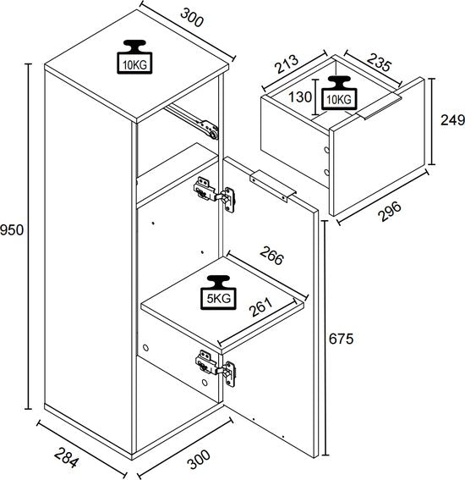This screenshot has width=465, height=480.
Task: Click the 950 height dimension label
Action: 12,230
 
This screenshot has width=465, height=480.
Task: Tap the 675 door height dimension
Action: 341,339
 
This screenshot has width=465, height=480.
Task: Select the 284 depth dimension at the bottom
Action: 67,457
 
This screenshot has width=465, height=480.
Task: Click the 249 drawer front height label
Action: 452,119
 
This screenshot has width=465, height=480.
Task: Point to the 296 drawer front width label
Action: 389,211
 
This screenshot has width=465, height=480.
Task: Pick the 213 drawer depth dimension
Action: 287,64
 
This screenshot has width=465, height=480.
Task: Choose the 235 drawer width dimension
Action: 379,62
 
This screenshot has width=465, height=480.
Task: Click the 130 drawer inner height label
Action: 300,97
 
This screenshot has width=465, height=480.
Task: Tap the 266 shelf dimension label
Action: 271,256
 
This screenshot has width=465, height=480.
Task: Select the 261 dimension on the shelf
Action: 260,306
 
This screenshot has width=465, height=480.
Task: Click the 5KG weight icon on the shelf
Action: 218,292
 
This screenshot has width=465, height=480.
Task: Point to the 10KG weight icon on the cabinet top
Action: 134,57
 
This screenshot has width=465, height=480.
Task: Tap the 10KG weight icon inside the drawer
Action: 339,92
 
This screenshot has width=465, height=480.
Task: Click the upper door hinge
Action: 214,195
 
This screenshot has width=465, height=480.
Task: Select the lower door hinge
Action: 216,368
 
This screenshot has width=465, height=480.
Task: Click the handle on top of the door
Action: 273,185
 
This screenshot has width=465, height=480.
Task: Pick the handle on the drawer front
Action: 379,107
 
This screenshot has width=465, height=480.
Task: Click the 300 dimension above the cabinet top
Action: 192,18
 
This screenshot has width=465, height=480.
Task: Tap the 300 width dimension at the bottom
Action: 200,459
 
